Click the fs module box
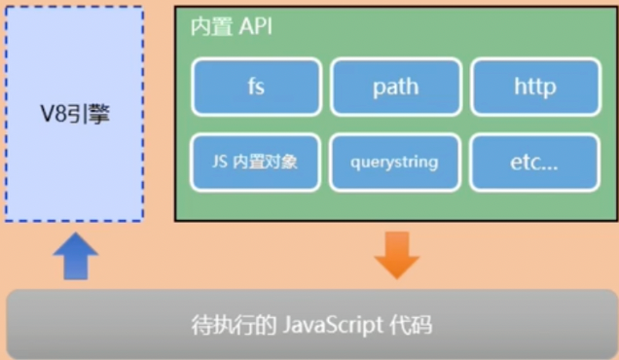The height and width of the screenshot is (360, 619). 257,87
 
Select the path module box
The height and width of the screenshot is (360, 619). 395,87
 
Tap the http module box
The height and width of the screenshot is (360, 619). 534,87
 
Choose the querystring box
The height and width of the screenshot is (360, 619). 395,162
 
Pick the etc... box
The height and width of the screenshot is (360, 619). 534,162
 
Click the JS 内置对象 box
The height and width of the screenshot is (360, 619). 257,162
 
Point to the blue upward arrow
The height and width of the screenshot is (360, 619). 75,257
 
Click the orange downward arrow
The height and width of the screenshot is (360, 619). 396,255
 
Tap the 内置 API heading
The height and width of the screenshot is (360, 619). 232,27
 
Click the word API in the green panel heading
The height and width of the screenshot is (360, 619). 254,27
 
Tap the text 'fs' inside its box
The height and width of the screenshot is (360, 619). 257,87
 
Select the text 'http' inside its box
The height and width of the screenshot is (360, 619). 534,87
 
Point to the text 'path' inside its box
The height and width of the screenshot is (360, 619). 395,87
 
